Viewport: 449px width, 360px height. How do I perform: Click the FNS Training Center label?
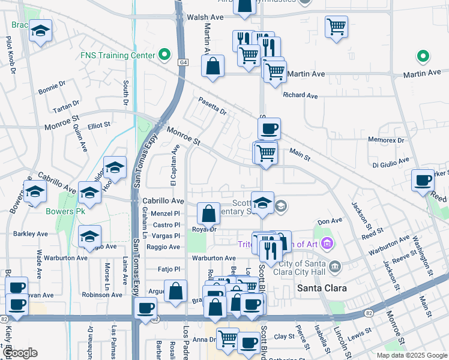[x=118, y=55]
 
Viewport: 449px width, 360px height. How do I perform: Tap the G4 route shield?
[x=182, y=62]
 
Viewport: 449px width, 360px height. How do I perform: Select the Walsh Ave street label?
[x=201, y=17]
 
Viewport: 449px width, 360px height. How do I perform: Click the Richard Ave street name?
[x=300, y=95]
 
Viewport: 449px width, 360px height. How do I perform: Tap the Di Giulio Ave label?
[x=391, y=163]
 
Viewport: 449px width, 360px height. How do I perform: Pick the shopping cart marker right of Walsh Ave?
[x=336, y=26]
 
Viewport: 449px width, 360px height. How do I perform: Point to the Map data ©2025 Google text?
[x=411, y=355]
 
